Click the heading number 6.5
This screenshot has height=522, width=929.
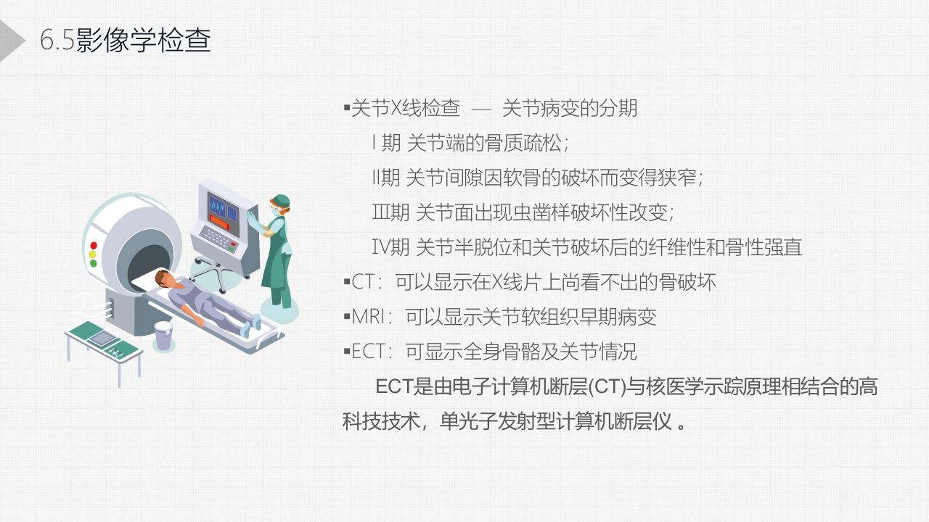point(57,41)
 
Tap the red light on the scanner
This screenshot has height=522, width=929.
point(94,245)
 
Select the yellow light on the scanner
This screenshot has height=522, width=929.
point(93,254)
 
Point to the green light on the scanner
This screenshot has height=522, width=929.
point(94,263)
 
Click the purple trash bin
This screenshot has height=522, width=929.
point(163,336)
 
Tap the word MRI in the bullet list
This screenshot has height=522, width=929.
point(368,317)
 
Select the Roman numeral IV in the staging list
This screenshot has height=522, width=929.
point(380,247)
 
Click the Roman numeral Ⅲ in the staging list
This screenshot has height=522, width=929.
point(381,212)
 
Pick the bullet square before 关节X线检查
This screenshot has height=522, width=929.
point(347,109)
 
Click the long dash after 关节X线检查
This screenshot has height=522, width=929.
point(481,109)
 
